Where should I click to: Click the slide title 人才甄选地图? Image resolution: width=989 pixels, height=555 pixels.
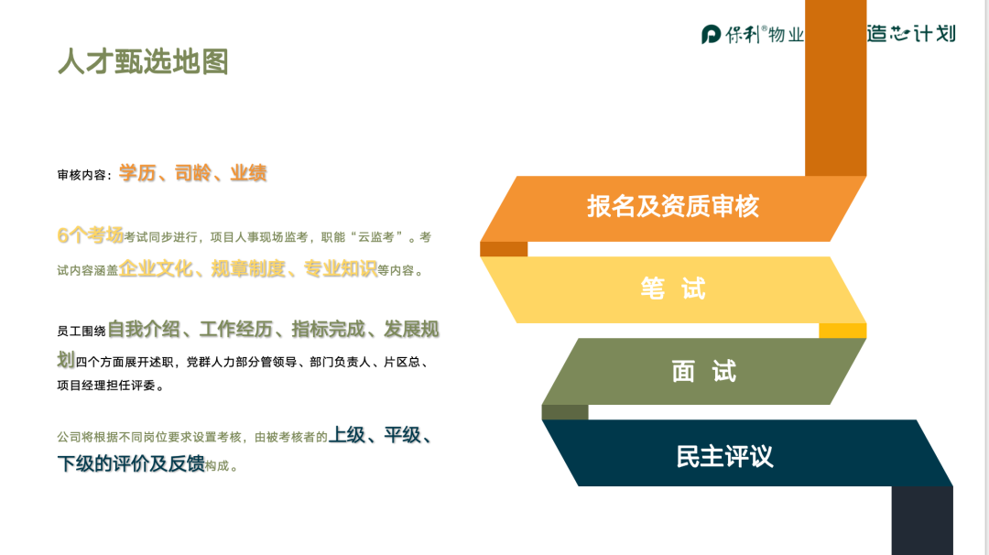pos(143,61)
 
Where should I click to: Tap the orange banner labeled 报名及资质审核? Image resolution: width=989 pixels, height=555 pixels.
pos(673,208)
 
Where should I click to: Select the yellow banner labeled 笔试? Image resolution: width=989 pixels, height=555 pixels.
pos(673,289)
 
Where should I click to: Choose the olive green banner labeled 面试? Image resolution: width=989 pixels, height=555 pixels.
pos(704,372)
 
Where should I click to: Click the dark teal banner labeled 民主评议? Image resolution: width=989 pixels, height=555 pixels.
pos(747,452)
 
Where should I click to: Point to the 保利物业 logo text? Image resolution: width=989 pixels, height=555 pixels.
pos(765,34)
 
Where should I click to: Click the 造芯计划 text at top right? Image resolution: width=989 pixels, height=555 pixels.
pos(911,33)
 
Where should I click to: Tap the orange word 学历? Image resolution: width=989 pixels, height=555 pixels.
pos(137,173)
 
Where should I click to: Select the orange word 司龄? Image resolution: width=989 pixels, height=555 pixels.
pos(193,173)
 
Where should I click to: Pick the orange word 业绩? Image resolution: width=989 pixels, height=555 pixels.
pos(248,173)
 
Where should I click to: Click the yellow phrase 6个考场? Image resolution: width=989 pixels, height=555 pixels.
pos(90,235)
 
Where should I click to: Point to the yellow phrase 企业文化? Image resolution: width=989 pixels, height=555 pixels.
pos(156,268)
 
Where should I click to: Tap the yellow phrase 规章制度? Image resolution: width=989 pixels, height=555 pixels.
pos(248,268)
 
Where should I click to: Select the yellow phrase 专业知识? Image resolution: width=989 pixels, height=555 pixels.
pos(341,268)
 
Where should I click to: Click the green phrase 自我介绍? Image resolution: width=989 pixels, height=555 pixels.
pos(145,329)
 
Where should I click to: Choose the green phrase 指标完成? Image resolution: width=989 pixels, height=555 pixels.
pos(329,329)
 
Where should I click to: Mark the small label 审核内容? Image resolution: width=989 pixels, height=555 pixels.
pos(82,175)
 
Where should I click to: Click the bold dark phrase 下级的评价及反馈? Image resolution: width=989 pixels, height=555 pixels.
pos(131,463)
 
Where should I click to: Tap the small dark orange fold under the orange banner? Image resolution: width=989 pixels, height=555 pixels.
pos(504,249)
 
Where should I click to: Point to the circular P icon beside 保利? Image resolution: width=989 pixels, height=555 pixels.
pos(711,34)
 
